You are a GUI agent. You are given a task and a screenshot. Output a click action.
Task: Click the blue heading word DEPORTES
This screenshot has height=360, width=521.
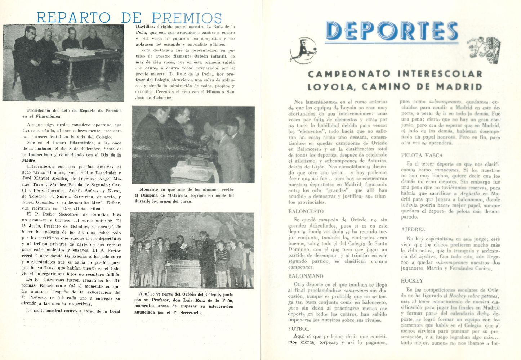pyautogui.click(x=391, y=31)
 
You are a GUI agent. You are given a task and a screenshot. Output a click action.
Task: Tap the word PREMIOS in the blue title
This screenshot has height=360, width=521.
pyautogui.click(x=186, y=18)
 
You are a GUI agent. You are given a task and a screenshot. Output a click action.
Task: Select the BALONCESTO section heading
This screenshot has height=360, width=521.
pyautogui.click(x=306, y=211)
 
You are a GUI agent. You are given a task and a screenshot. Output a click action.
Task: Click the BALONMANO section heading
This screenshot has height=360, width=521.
pyautogui.click(x=306, y=276)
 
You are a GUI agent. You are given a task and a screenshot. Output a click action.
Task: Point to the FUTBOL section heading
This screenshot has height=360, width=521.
pyautogui.click(x=298, y=329)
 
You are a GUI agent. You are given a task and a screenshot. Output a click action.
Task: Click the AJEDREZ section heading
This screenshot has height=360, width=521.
pyautogui.click(x=413, y=229)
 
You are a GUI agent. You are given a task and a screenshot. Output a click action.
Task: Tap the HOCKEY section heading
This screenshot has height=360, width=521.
pyautogui.click(x=412, y=281)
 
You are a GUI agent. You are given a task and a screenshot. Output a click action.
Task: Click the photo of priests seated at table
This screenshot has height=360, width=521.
pyautogui.click(x=63, y=63)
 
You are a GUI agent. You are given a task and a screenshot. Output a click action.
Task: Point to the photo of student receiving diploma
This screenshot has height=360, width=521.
pyautogui.click(x=193, y=145)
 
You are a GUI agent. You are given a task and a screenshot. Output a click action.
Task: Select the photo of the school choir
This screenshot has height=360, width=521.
pyautogui.click(x=192, y=250)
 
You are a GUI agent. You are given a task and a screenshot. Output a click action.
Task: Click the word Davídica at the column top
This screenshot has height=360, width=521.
pyautogui.click(x=145, y=27)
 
